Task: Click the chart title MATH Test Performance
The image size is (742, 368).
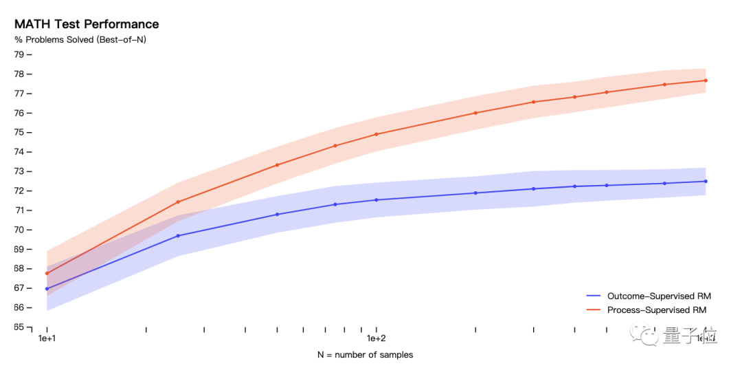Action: click(x=87, y=24)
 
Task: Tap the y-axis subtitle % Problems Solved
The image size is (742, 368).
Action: click(x=80, y=40)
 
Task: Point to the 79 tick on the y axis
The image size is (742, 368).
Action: click(x=19, y=55)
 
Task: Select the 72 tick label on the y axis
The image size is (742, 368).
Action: click(x=19, y=191)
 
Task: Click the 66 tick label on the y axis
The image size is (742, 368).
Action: click(x=19, y=307)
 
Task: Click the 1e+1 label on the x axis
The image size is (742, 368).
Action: click(x=47, y=339)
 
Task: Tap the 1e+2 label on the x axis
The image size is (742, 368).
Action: click(x=376, y=339)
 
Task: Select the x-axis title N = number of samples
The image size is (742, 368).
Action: click(x=365, y=355)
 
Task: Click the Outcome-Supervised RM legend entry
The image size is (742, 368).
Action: click(x=658, y=296)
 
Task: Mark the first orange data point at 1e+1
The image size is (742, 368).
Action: click(x=47, y=273)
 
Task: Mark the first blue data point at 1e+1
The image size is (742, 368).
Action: click(x=47, y=289)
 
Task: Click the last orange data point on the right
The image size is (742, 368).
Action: click(x=706, y=80)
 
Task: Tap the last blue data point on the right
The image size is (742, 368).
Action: click(x=706, y=182)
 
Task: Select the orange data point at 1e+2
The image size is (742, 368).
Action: click(x=376, y=134)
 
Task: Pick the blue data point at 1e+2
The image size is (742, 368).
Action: click(x=376, y=200)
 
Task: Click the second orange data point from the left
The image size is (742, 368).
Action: click(x=178, y=202)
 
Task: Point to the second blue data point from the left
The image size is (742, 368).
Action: click(x=178, y=236)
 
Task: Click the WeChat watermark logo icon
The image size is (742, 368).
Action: click(x=649, y=335)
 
